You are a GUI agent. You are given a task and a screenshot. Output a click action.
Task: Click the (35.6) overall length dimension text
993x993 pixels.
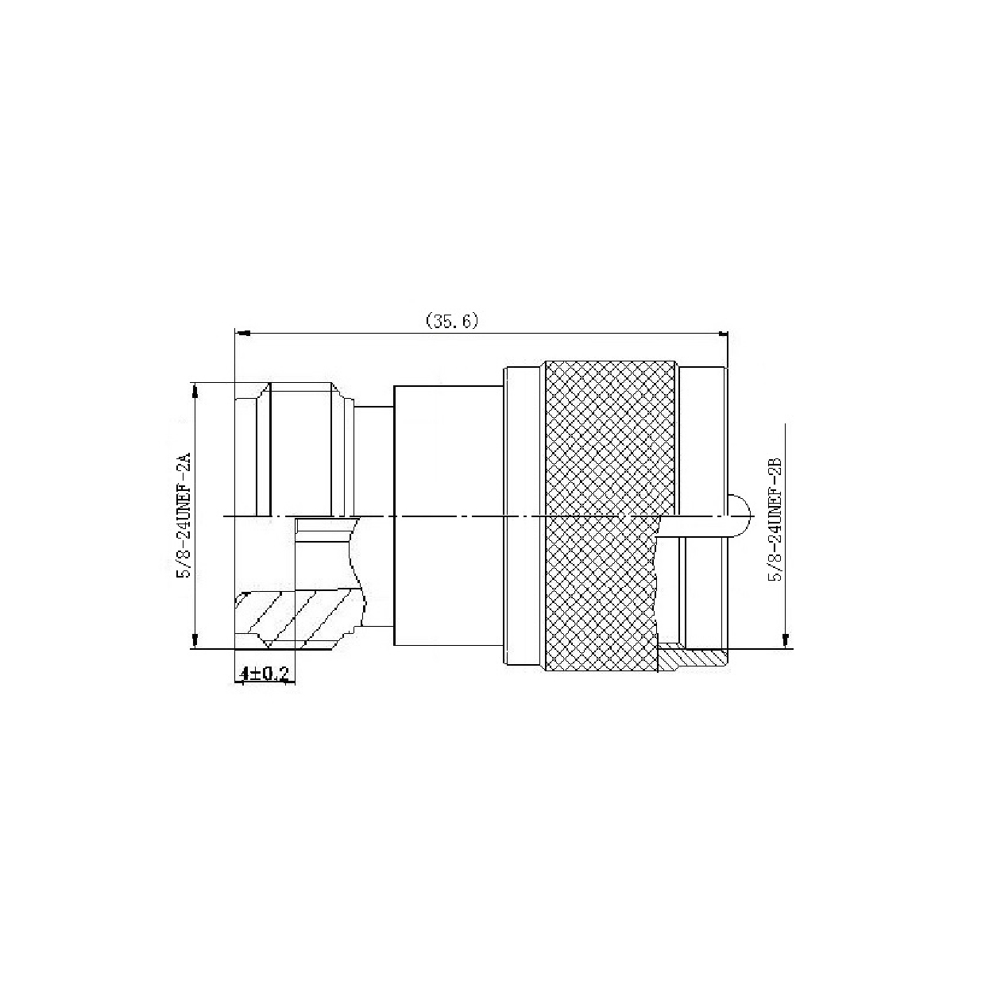(452, 320)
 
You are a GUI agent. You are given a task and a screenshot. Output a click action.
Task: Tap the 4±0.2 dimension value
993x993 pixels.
(265, 673)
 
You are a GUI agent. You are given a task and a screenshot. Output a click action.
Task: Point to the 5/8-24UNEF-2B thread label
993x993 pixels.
(775, 519)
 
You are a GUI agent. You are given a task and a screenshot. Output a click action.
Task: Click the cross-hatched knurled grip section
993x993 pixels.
(609, 516)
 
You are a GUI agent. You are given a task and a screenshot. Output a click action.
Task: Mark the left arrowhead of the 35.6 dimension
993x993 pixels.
(242, 334)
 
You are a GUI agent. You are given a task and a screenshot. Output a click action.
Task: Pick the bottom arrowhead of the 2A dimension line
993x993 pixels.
(195, 640)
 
